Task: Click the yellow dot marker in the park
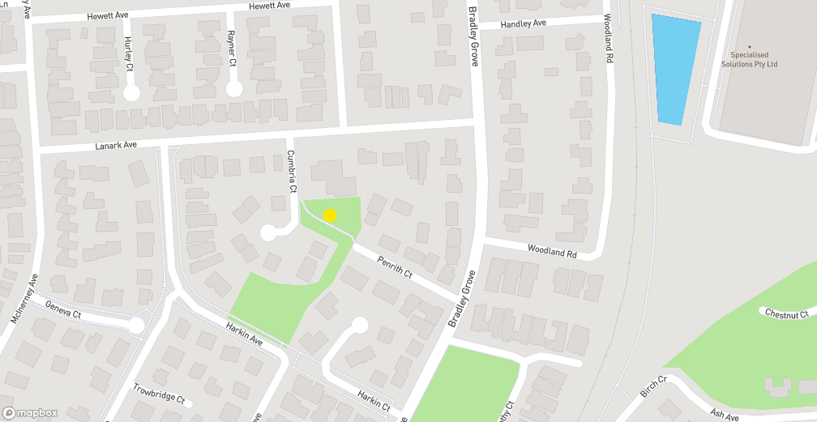pyautogui.click(x=330, y=215)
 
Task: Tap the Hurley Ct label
pyautogui.click(x=128, y=54)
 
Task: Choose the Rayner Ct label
pyautogui.click(x=231, y=49)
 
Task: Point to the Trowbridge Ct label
pyautogui.click(x=160, y=394)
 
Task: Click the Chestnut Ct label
pyautogui.click(x=787, y=313)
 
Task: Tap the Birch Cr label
pyautogui.click(x=652, y=386)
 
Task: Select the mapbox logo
pyautogui.click(x=30, y=412)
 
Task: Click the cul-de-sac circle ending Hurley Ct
pyautogui.click(x=131, y=94)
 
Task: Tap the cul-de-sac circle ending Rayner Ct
pyautogui.click(x=234, y=89)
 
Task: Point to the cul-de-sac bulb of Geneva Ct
pyautogui.click(x=136, y=326)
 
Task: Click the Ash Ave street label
pyautogui.click(x=725, y=416)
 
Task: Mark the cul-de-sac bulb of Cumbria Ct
pyautogui.click(x=268, y=233)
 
